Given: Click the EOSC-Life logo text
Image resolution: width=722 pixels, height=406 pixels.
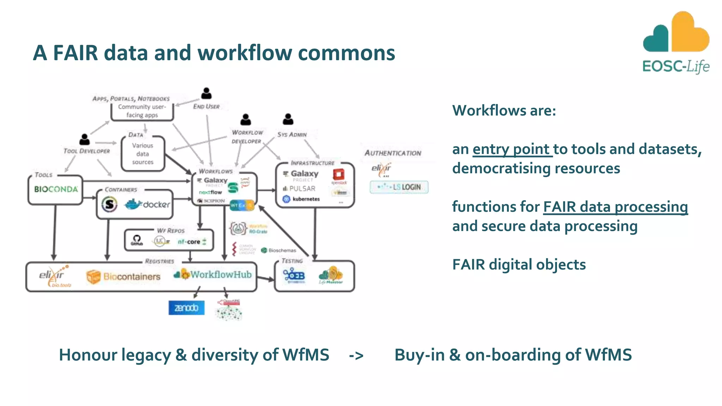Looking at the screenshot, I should (x=675, y=66).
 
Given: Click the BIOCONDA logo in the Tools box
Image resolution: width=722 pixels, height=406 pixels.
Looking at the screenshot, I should (x=56, y=189).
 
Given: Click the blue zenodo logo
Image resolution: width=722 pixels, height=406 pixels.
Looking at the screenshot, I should (x=186, y=308).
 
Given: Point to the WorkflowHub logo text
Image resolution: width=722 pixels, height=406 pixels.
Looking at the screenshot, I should (x=221, y=275).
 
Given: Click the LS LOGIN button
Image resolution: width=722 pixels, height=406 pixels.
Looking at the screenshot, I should (x=399, y=187).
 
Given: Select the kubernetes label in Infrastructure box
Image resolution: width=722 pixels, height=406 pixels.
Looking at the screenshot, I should (x=305, y=199).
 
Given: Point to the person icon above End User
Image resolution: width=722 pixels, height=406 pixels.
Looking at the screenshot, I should (x=206, y=93).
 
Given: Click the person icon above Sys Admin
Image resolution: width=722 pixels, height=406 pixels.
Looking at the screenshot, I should (x=288, y=119).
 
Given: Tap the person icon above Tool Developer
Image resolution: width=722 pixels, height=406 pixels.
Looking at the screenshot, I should (x=84, y=139).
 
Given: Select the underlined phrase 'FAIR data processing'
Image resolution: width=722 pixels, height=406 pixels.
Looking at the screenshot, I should (x=615, y=207).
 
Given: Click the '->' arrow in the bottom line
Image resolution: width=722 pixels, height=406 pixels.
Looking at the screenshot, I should (x=356, y=355).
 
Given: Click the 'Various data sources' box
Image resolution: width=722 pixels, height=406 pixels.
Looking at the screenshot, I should (x=143, y=154).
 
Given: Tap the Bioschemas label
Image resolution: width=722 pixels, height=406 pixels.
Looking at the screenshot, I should (x=282, y=250).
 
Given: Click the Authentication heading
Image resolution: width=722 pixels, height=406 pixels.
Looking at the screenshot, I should (x=393, y=153).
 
